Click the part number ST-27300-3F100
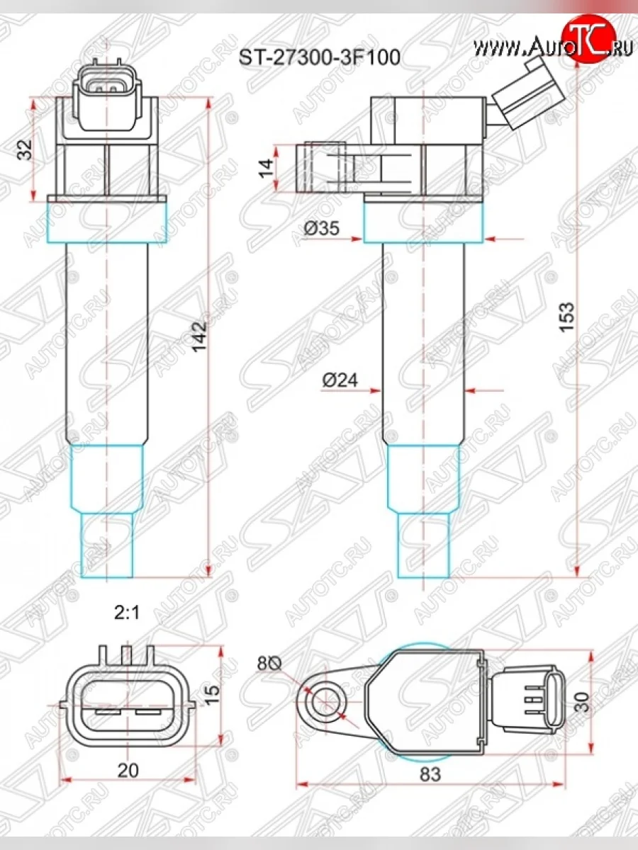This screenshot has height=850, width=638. [x=319, y=57]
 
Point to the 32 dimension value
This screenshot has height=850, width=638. [x=24, y=149]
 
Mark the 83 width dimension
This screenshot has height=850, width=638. [x=430, y=774]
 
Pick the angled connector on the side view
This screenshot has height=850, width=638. [x=528, y=97]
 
